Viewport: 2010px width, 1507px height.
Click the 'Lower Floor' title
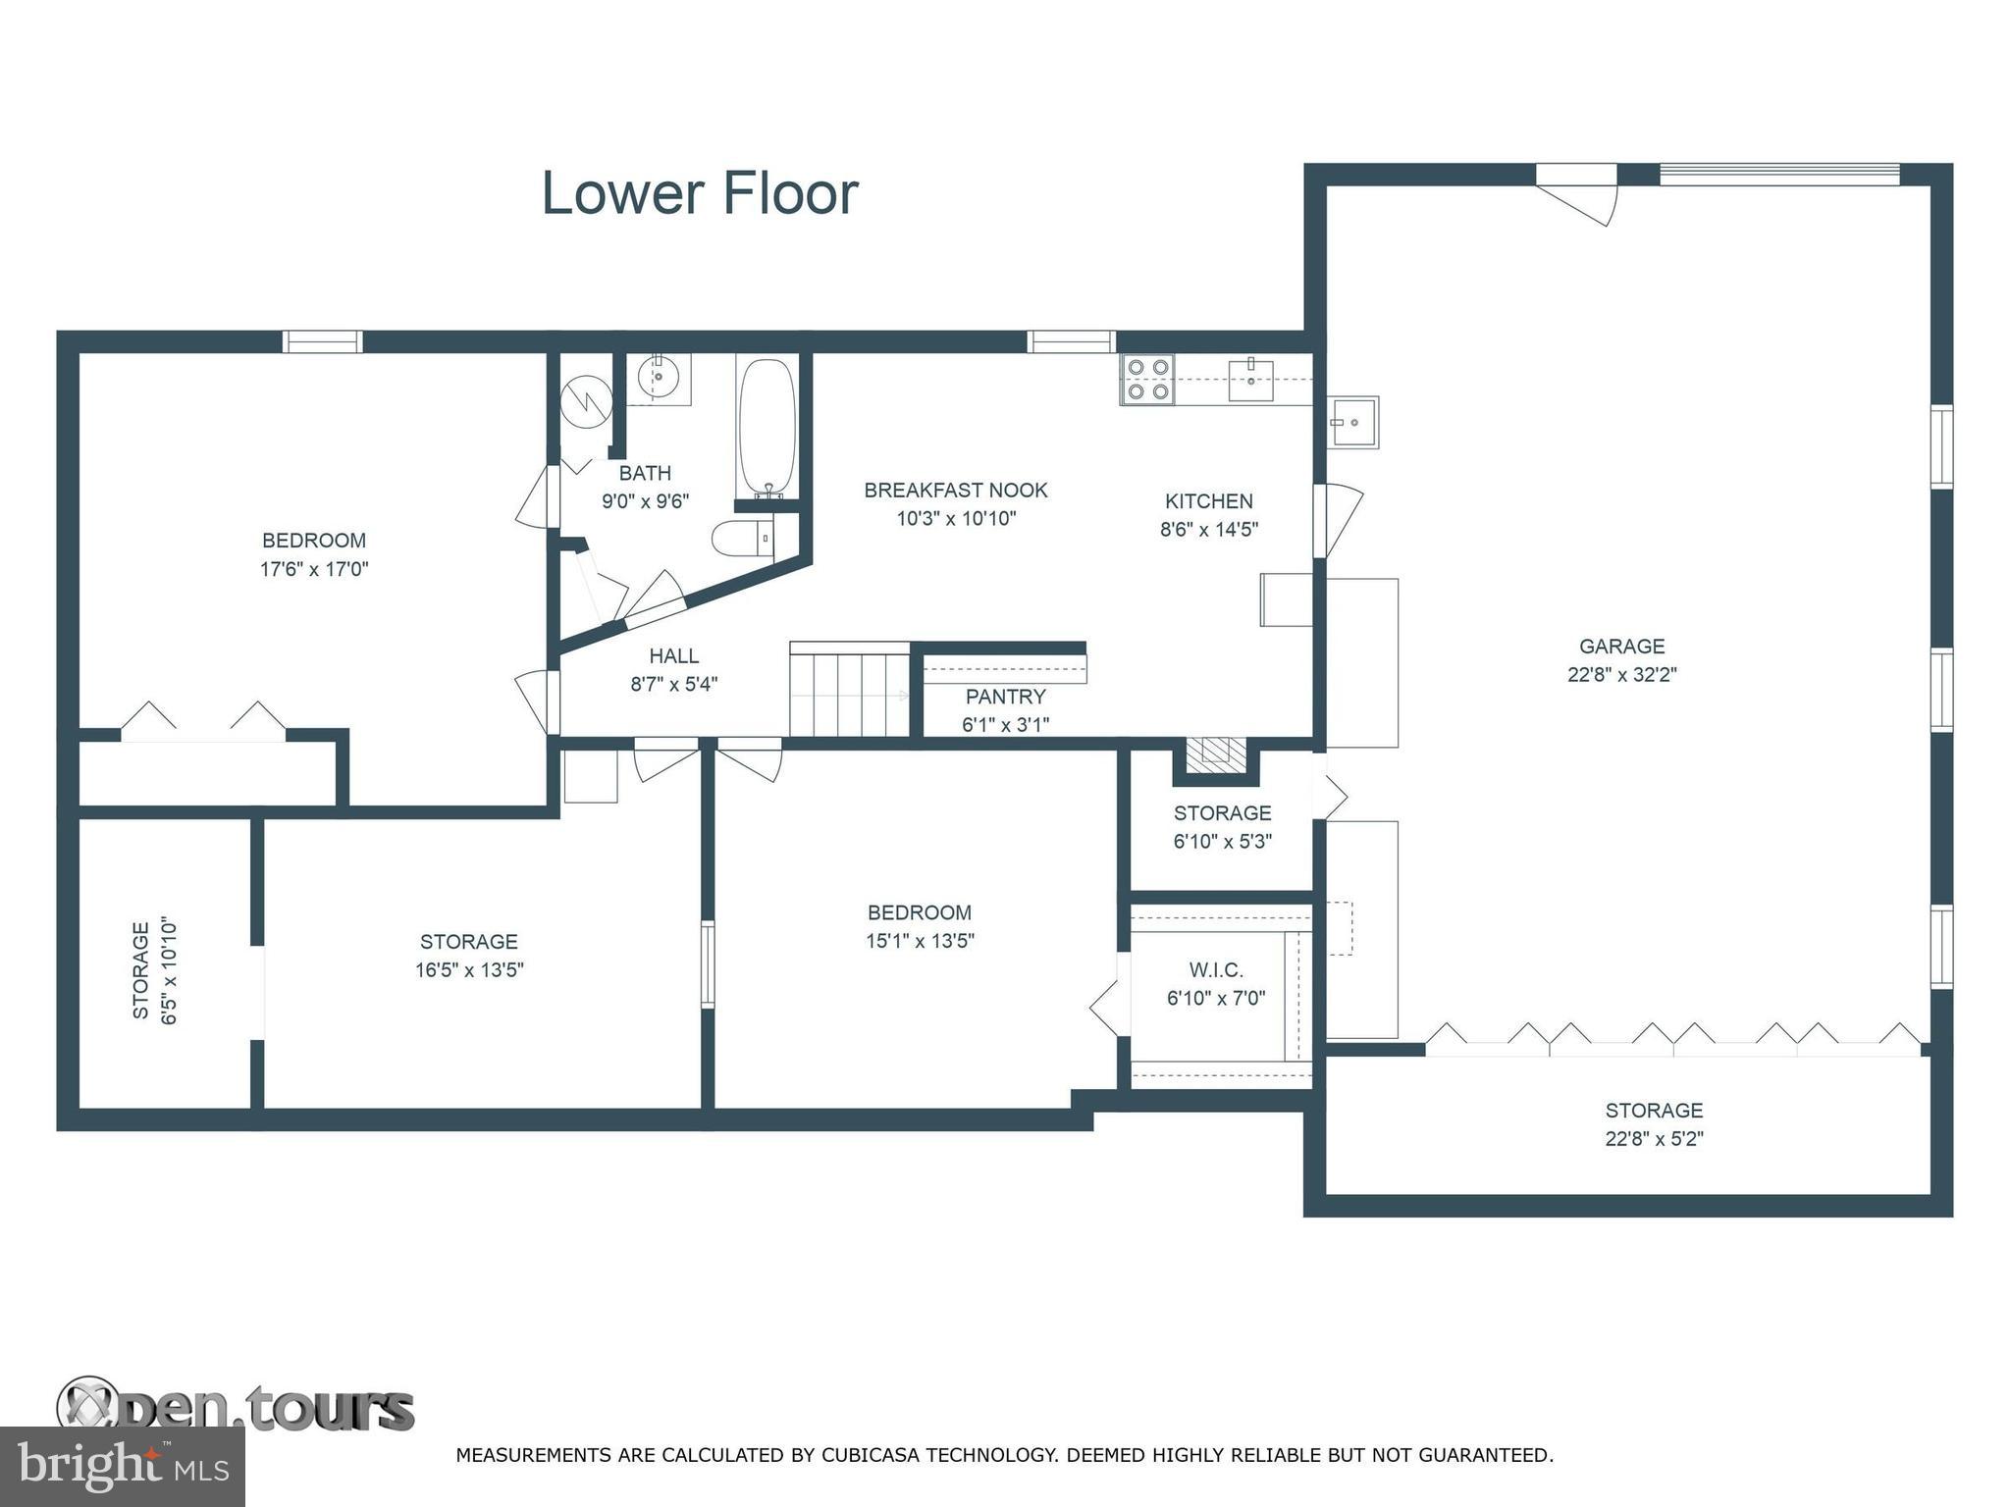coord(700,193)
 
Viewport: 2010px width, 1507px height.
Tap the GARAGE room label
coord(1621,647)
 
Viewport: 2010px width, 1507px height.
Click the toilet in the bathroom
coord(743,538)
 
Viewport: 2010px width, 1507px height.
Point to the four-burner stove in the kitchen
coord(1148,380)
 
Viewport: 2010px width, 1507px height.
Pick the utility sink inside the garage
coord(1353,422)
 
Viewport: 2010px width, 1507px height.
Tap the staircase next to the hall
coord(850,689)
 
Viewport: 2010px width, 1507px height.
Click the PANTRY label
coord(1006,697)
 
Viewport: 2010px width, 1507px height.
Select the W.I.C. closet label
coord(1216,970)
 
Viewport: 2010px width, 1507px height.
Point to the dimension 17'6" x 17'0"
coord(314,569)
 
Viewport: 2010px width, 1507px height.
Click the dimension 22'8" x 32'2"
coord(1621,675)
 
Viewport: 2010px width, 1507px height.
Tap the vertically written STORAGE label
coord(141,970)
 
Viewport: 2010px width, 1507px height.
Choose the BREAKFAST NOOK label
coord(956,491)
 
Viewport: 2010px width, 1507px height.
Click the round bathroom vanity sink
coord(659,377)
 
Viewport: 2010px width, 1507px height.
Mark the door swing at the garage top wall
coord(1576,195)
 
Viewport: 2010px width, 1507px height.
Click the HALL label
coord(674,656)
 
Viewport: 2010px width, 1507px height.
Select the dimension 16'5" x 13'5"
coord(469,970)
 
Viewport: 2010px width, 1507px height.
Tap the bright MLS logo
coord(123,1467)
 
